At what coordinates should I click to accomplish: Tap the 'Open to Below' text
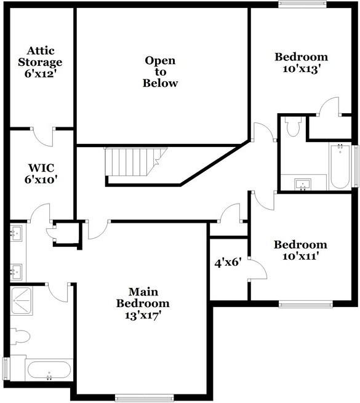(x=160, y=71)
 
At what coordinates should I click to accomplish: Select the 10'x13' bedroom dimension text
(x=301, y=68)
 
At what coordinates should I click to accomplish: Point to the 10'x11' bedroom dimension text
(x=300, y=256)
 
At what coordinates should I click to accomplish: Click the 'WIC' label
(x=40, y=167)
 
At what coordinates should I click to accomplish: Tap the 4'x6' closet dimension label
(x=227, y=261)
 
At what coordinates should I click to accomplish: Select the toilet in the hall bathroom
(x=293, y=127)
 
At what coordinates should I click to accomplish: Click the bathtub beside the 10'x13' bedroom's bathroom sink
(x=340, y=166)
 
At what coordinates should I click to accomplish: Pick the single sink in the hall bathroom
(x=302, y=183)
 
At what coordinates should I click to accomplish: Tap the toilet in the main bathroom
(x=20, y=336)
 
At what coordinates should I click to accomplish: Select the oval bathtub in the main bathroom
(x=49, y=370)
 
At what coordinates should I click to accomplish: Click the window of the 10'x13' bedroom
(x=302, y=5)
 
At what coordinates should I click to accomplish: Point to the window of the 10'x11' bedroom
(x=305, y=303)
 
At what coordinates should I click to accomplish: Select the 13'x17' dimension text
(x=143, y=315)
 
